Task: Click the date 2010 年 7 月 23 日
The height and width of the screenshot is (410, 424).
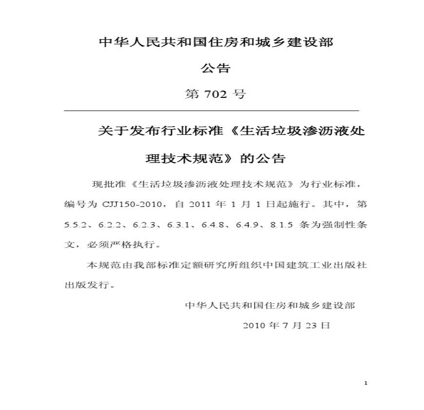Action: (286, 325)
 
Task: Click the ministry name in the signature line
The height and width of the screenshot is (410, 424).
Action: (270, 306)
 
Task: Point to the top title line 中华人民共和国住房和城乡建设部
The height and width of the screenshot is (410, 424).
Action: (216, 43)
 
